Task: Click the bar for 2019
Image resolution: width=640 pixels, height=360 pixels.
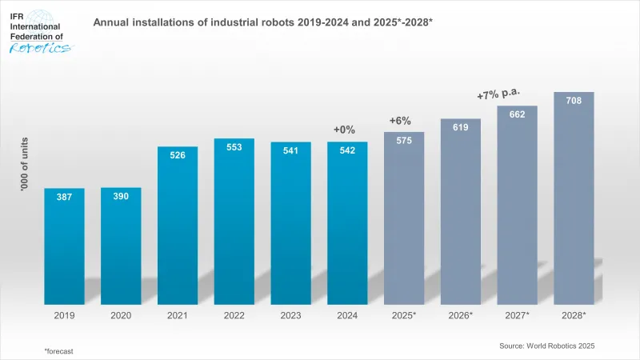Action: tap(64, 248)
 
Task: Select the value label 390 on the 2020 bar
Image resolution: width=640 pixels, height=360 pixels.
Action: tap(121, 197)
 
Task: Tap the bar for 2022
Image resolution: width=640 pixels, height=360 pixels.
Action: tap(234, 224)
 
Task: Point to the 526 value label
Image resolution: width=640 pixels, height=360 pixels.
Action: tap(178, 155)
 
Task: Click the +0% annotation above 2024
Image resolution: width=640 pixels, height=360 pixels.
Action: tap(344, 130)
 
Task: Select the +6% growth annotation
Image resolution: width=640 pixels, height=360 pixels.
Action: tap(400, 121)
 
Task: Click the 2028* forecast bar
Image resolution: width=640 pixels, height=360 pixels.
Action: tap(574, 200)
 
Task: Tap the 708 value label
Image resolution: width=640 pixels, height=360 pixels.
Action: tap(574, 102)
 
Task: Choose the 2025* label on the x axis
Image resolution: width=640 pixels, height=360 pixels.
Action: tap(404, 316)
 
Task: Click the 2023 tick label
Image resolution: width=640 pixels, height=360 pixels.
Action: tap(290, 316)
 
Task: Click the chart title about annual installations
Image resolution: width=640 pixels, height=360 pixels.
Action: tap(263, 22)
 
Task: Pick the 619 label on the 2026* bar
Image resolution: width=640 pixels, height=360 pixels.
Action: tap(460, 127)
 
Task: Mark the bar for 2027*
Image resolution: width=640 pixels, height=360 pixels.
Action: tap(517, 208)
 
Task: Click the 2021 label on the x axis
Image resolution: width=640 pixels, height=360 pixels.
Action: tap(178, 316)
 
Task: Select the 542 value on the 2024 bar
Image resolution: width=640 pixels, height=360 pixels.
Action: tap(347, 150)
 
